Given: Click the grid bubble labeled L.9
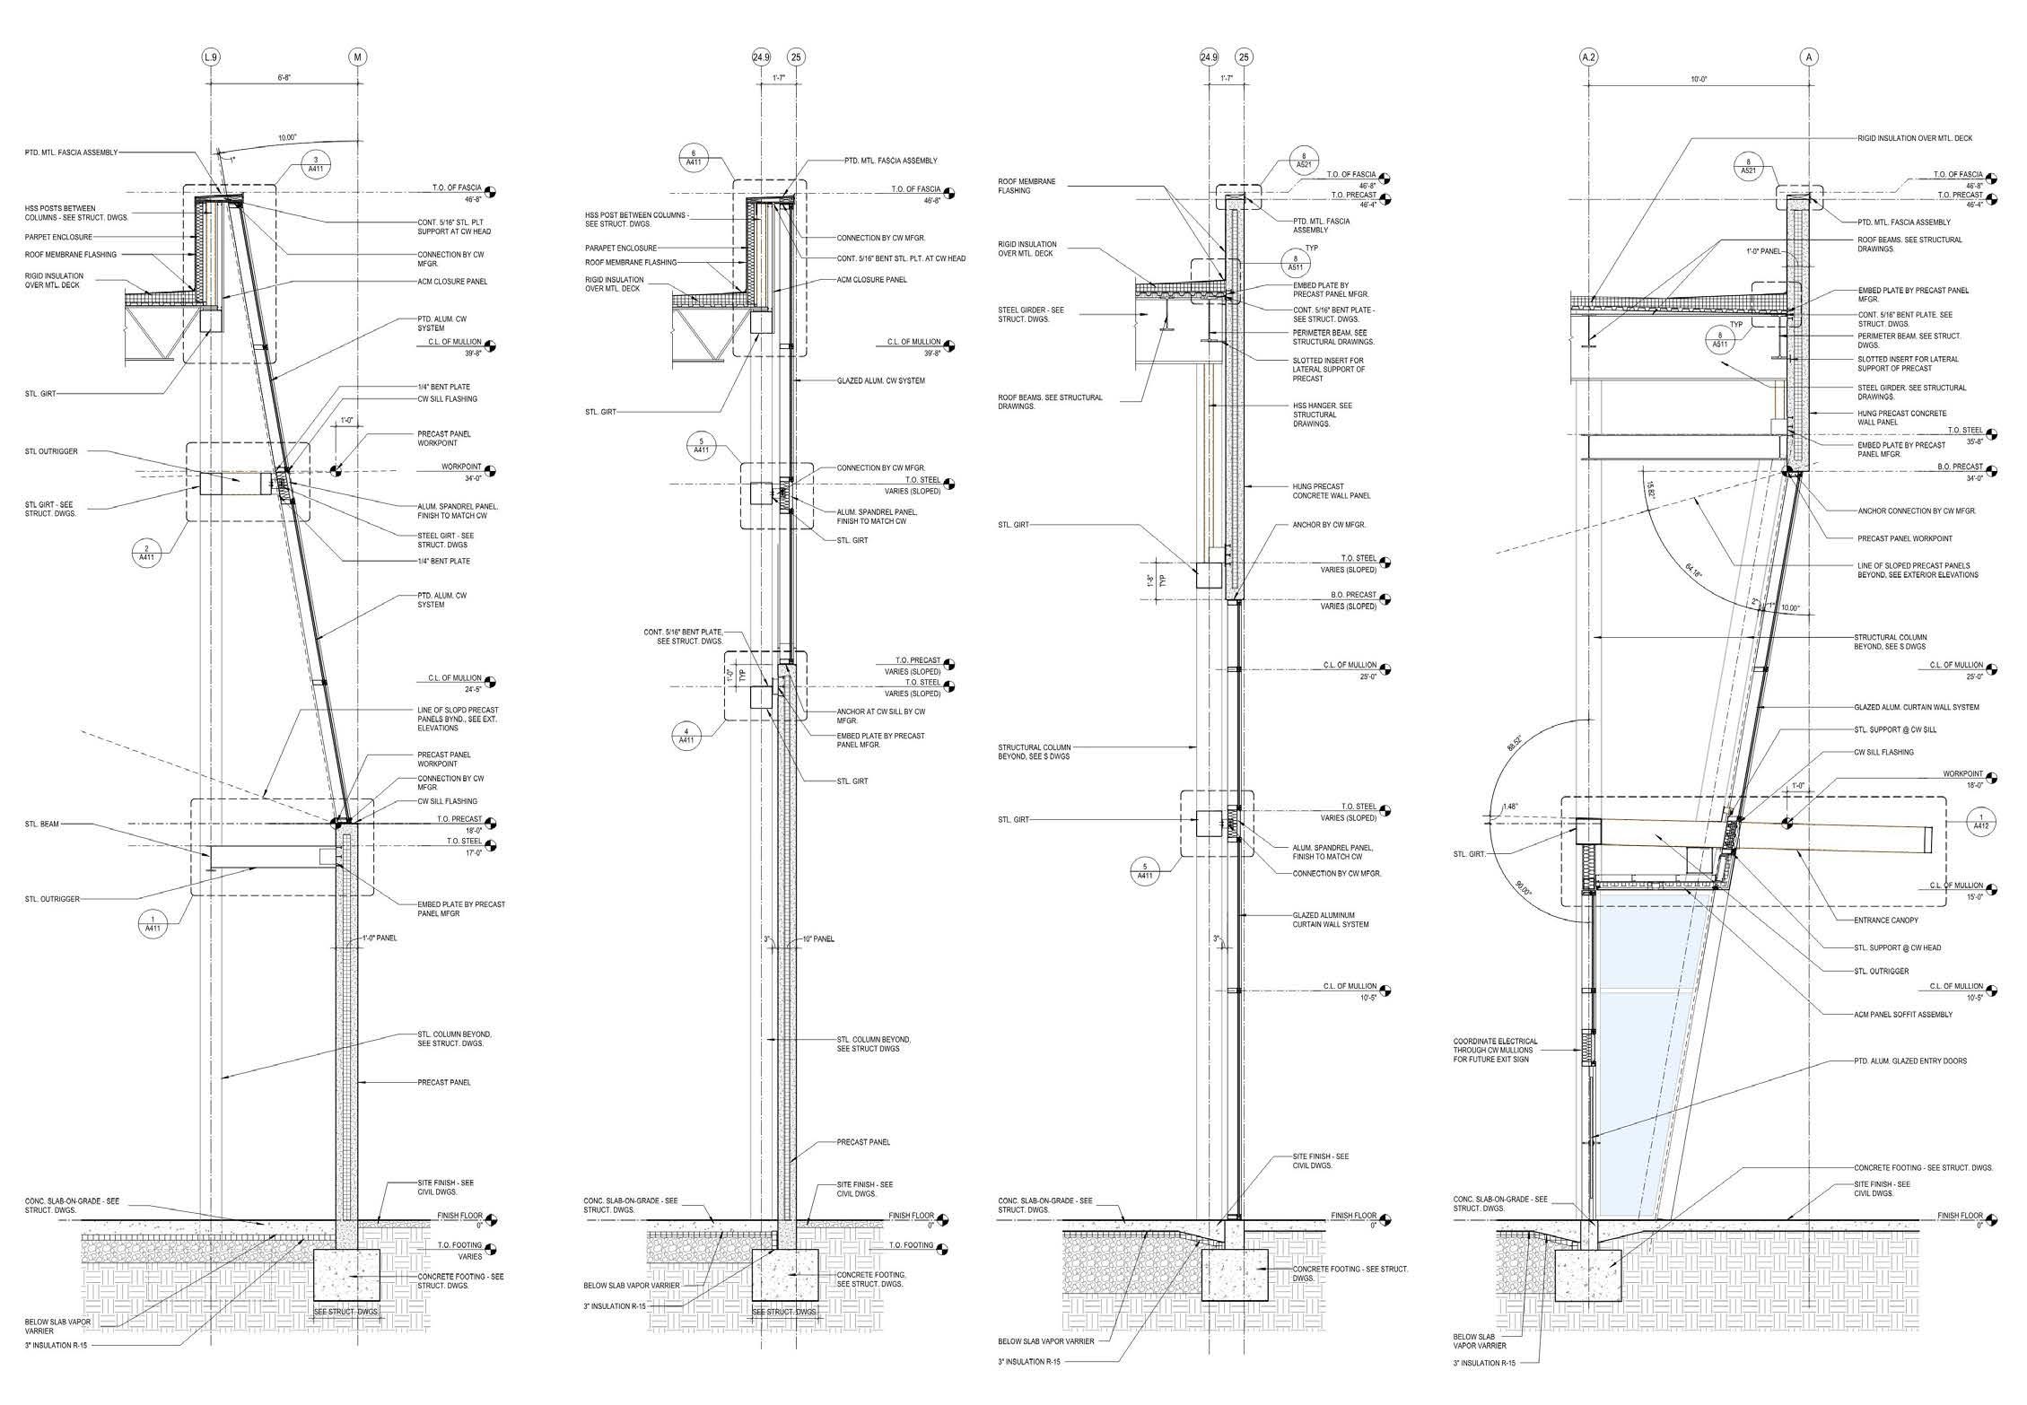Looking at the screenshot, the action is (x=211, y=57).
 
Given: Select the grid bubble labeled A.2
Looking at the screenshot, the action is (x=1588, y=57).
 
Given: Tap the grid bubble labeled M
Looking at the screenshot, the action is (x=358, y=57).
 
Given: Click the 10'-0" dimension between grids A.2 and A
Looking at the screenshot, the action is (x=1699, y=104).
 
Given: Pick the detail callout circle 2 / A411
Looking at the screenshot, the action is (x=146, y=551).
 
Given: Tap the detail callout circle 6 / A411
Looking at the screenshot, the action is (x=693, y=158).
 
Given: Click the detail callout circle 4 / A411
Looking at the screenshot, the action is (x=686, y=735).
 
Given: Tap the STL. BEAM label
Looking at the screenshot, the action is (x=42, y=824).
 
